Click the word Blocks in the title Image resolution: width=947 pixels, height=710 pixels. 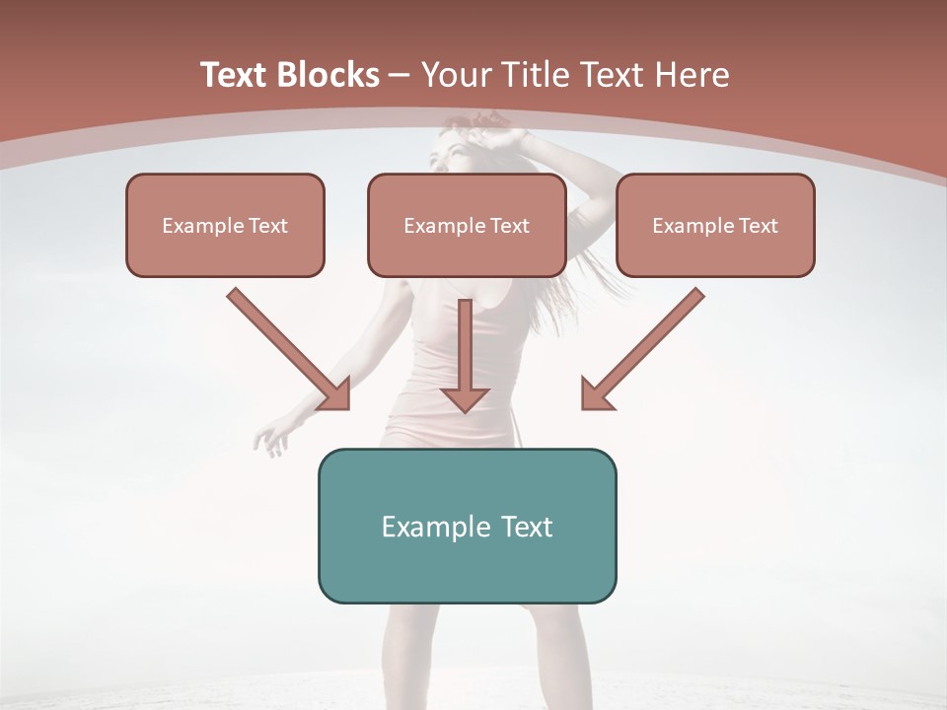click(329, 75)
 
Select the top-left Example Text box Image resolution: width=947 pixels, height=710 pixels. click(225, 225)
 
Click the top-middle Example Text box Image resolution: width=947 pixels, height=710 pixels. click(467, 225)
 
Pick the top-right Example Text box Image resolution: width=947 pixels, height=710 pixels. click(715, 225)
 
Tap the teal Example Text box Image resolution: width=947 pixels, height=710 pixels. click(467, 526)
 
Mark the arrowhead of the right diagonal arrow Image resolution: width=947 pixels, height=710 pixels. click(596, 394)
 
